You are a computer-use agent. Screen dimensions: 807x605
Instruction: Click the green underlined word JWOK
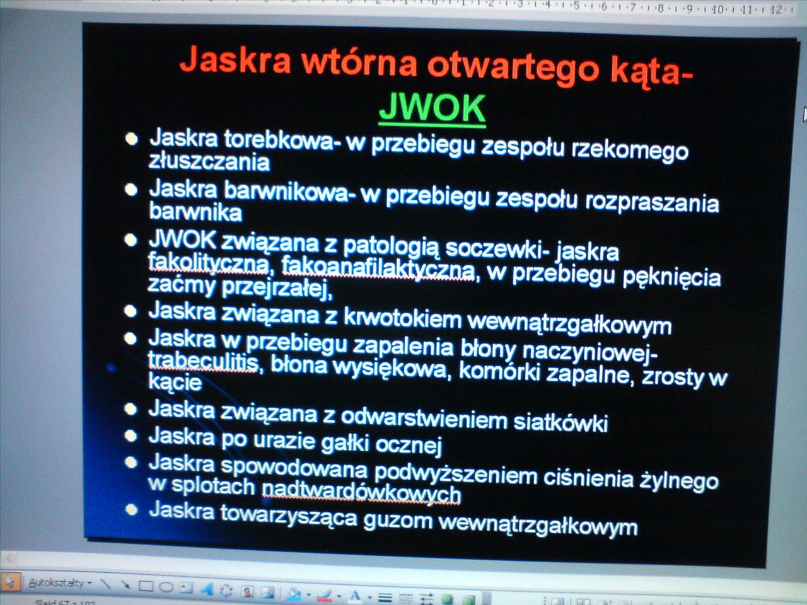point(433,108)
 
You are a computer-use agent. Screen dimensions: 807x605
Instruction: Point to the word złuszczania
point(209,161)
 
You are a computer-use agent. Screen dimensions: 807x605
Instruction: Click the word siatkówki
point(560,422)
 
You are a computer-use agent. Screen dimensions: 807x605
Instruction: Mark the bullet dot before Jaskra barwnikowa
point(131,190)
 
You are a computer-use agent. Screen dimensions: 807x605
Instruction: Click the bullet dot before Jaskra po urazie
point(131,435)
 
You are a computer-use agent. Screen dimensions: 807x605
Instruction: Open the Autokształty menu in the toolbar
point(59,583)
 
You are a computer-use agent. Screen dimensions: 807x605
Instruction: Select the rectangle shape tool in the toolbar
point(146,586)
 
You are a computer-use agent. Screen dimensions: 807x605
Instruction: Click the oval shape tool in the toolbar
point(166,587)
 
